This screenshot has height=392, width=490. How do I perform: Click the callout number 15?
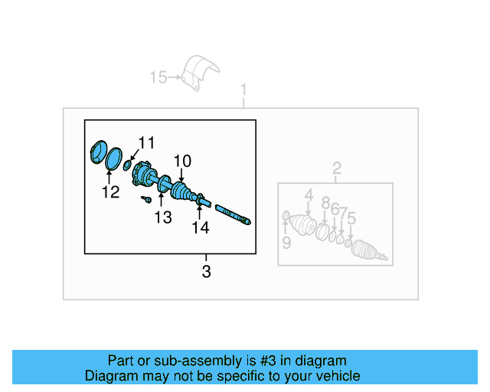(x=158, y=77)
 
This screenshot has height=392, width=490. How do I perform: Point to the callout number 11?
(x=146, y=142)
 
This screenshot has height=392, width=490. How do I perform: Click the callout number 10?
(x=181, y=161)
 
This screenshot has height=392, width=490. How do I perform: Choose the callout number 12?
(x=111, y=192)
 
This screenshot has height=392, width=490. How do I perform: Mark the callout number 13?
(x=162, y=217)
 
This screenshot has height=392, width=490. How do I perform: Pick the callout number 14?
(x=200, y=227)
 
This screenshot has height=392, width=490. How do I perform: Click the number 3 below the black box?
(x=206, y=271)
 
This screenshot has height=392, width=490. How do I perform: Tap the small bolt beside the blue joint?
(x=145, y=199)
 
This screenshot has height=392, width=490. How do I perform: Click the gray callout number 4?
(x=309, y=196)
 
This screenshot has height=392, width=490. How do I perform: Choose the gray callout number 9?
(x=286, y=243)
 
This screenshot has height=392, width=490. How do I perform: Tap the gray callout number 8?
(x=325, y=203)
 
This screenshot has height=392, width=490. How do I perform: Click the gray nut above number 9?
(x=286, y=217)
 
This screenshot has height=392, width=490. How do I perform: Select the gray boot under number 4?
(x=304, y=225)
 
